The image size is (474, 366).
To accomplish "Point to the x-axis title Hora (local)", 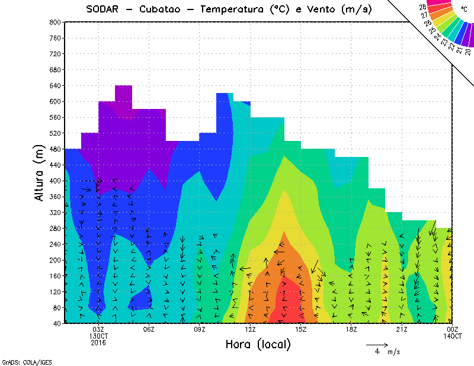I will (258, 344).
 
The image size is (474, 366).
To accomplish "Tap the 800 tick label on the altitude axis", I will (55, 22).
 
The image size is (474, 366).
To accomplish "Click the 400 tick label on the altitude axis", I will (55, 180).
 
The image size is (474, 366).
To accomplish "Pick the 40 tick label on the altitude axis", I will (57, 323).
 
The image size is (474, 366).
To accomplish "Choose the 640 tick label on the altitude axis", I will (55, 85).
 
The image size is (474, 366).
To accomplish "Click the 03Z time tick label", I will (98, 329).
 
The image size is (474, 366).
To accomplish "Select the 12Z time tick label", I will (250, 329).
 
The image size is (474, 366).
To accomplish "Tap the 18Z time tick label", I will (351, 329).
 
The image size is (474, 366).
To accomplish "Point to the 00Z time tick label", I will (453, 329).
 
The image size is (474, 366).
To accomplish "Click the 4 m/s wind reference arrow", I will (377, 344).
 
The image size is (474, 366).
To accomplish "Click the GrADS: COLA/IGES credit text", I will (21, 361).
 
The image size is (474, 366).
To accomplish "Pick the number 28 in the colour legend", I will (422, 7).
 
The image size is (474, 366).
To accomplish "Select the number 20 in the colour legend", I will (468, 52).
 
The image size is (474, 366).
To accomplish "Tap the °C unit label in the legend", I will (464, 9).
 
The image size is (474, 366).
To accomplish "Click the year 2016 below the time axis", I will (98, 342).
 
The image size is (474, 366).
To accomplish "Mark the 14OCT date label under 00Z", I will (453, 336).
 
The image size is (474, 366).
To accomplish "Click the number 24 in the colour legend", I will (437, 37).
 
